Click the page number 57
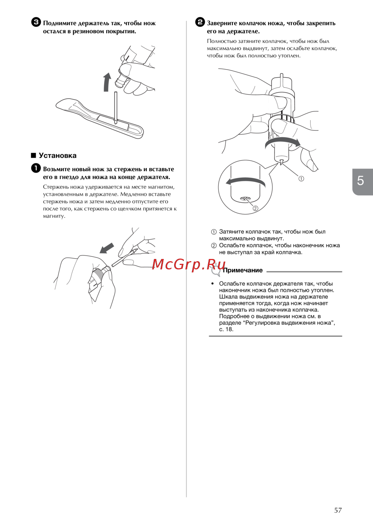(x=338, y=510)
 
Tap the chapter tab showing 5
(x=363, y=182)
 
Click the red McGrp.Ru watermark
(x=188, y=265)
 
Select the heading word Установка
(x=58, y=155)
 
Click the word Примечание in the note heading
(x=242, y=271)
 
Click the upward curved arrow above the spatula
(x=107, y=81)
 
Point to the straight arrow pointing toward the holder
(x=107, y=248)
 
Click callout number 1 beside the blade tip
(x=301, y=179)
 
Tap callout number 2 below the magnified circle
(x=256, y=208)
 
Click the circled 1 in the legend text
(x=214, y=232)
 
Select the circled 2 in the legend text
(x=214, y=246)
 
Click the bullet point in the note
(x=213, y=284)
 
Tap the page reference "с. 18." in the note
(x=226, y=329)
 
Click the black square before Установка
(x=34, y=155)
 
